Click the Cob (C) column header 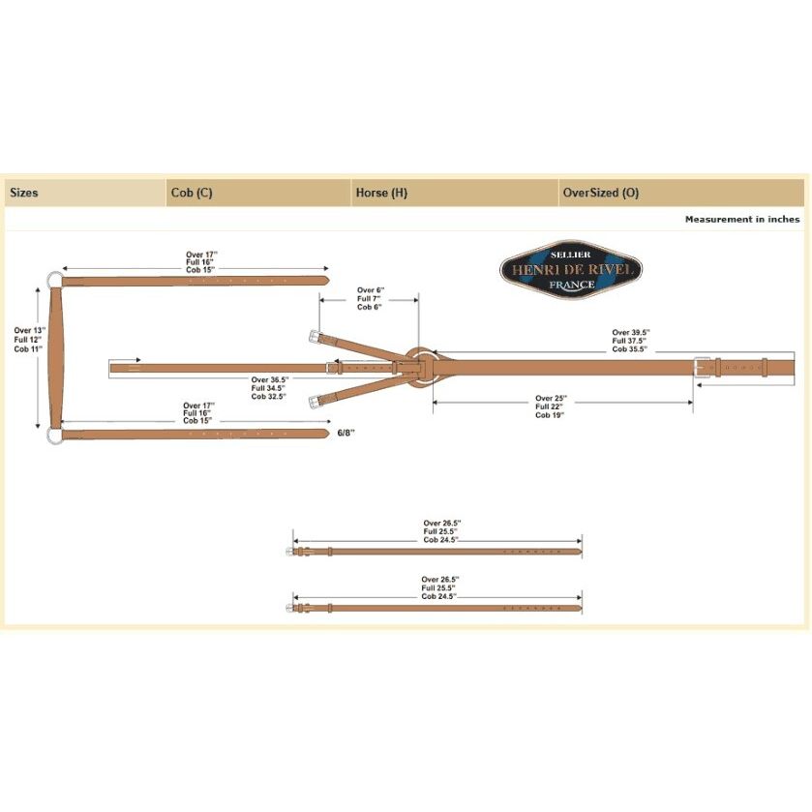pyautogui.click(x=192, y=193)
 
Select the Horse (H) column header pyautogui.click(x=381, y=193)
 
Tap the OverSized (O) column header pyautogui.click(x=601, y=193)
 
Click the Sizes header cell pyautogui.click(x=24, y=193)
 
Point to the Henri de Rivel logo pyautogui.click(x=571, y=269)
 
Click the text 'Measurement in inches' pyautogui.click(x=742, y=219)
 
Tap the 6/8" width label pyautogui.click(x=346, y=433)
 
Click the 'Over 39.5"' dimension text pyautogui.click(x=631, y=333)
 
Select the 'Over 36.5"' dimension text pyautogui.click(x=270, y=379)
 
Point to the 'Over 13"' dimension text pyautogui.click(x=29, y=330)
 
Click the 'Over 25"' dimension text pyautogui.click(x=551, y=398)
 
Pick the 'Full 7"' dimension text pyautogui.click(x=369, y=299)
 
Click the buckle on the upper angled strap pyautogui.click(x=315, y=337)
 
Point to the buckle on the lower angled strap pyautogui.click(x=315, y=402)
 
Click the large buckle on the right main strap pyautogui.click(x=702, y=367)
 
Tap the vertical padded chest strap pyautogui.click(x=56, y=357)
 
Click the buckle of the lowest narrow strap pyautogui.click(x=290, y=608)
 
